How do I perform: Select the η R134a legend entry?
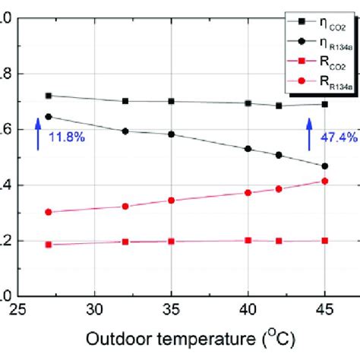(x=314, y=43)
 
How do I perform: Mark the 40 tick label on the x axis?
(x=248, y=310)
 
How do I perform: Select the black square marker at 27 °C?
(x=49, y=96)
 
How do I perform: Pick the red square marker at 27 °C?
(x=49, y=245)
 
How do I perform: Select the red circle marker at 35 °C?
(x=171, y=201)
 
